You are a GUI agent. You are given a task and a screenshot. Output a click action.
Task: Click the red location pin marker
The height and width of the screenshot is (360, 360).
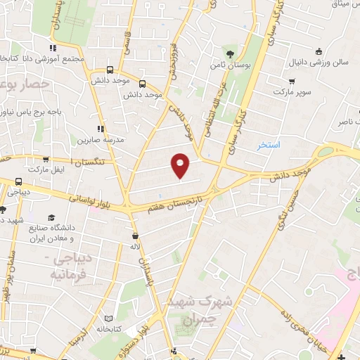181,165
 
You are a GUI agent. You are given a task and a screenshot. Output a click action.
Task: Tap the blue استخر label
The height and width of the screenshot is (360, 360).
268,145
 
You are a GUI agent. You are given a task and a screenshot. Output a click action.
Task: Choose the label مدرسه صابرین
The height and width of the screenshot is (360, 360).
101,139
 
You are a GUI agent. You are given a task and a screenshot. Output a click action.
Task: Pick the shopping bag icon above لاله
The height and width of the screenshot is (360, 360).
134,236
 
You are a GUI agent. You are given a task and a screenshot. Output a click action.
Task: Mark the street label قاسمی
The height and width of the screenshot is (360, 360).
127,41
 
